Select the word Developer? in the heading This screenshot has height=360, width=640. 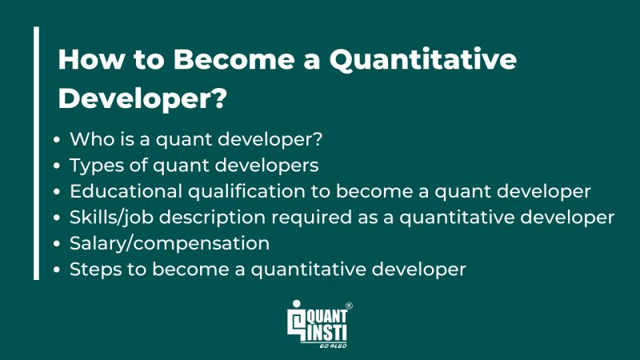[143, 99]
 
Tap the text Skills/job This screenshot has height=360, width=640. [108, 218]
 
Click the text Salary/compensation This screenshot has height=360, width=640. [169, 243]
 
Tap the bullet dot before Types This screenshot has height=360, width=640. [58, 166]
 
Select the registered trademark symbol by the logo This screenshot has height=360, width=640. [349, 306]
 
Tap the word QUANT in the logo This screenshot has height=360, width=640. [326, 314]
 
